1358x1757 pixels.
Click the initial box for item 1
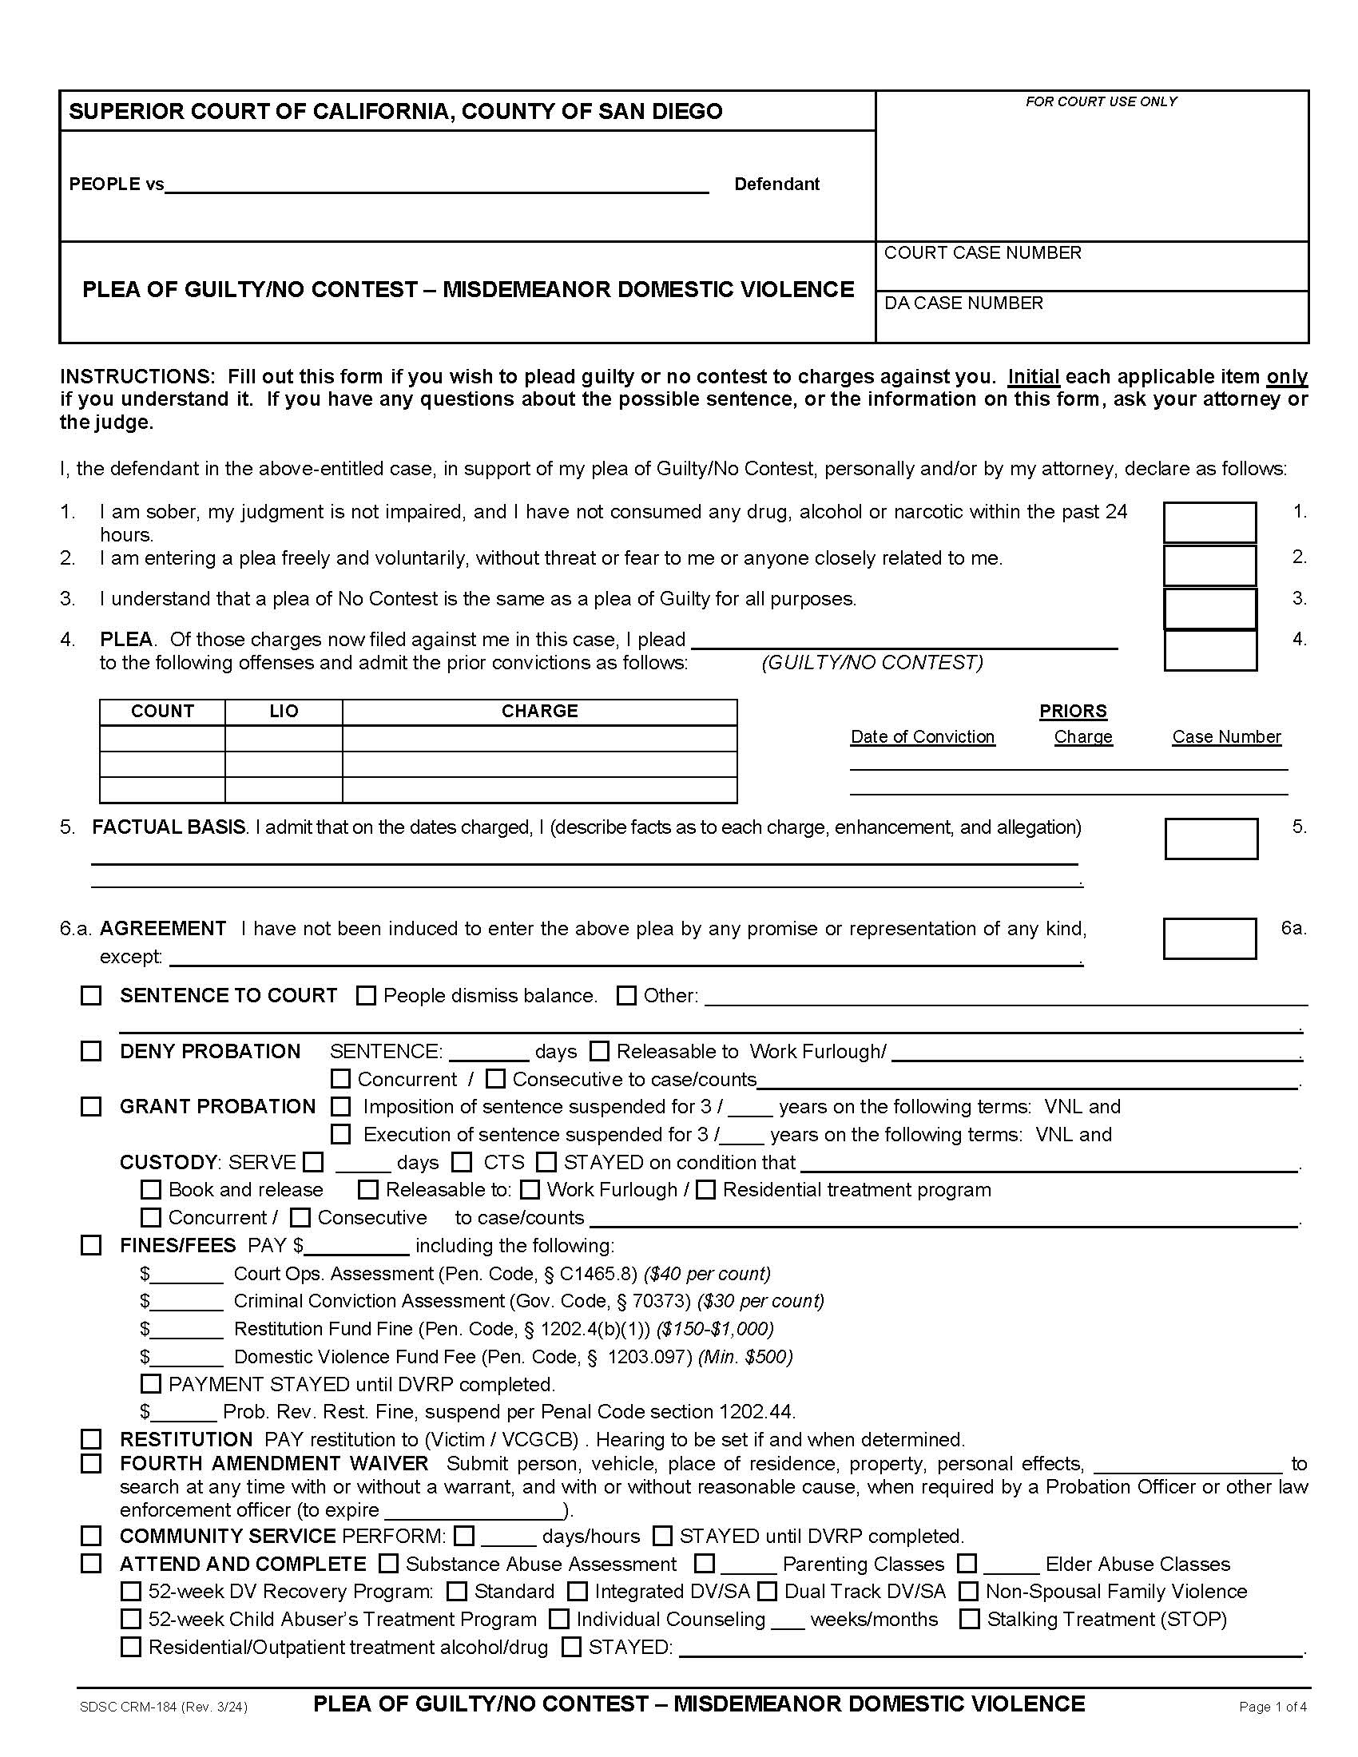point(1209,522)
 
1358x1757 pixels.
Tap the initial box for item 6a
point(1209,938)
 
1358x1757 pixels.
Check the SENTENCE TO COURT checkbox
point(91,995)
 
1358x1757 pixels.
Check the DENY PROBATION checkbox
point(91,1051)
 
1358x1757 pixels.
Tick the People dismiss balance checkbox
point(366,995)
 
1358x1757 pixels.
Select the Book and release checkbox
point(150,1189)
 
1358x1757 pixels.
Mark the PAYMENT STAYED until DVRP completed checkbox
point(150,1384)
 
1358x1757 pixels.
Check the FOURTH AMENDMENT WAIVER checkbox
point(91,1462)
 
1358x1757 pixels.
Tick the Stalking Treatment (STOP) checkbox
point(970,1619)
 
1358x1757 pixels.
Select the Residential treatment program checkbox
point(705,1189)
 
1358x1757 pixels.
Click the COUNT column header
point(162,711)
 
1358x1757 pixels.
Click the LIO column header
point(284,711)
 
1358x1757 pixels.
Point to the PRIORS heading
point(1072,711)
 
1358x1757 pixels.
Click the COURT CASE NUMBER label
point(983,252)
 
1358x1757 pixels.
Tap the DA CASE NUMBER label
point(963,303)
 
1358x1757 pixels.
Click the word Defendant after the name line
point(776,184)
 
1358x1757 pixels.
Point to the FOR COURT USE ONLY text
point(1101,101)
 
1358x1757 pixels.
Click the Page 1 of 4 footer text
point(1272,1707)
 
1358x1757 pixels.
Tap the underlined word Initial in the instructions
point(1033,376)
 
